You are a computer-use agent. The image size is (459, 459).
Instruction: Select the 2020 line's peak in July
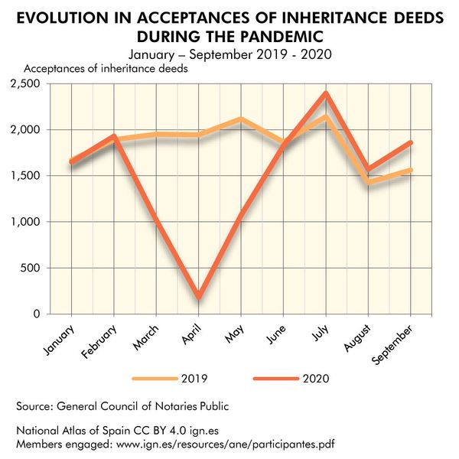point(327,93)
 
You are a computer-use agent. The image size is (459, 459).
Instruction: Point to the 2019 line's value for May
point(242,119)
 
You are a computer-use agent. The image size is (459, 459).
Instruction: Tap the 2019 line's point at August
point(369,182)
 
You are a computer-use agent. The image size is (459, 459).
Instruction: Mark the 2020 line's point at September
point(412,142)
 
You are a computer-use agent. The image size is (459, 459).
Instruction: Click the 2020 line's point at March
point(157,220)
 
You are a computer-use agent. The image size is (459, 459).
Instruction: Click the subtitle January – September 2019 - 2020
point(229,54)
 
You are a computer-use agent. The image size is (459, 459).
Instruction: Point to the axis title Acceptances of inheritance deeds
point(106,69)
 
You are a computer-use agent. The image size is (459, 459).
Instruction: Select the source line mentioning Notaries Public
point(122,405)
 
